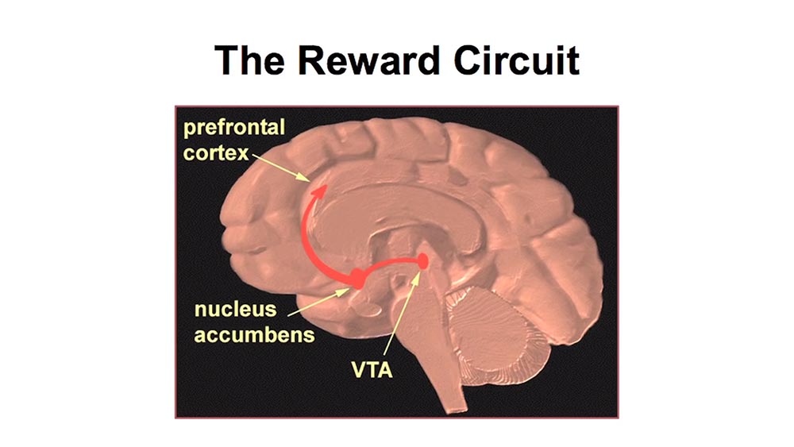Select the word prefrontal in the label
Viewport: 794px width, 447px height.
point(233,129)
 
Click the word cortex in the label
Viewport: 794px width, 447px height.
point(215,152)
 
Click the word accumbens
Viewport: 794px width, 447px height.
point(254,333)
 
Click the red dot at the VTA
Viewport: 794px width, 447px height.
point(423,260)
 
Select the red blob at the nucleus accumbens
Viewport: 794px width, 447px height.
point(357,277)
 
